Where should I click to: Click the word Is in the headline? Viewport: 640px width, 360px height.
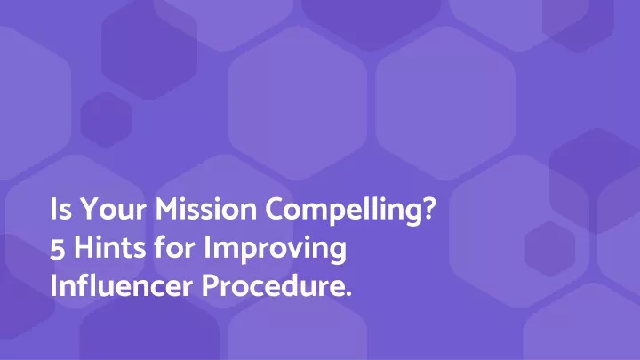[57, 209]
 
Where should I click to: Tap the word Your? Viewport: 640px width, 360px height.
[113, 209]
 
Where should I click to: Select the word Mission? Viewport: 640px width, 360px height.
[205, 209]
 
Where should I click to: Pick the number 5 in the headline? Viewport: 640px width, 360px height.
[58, 249]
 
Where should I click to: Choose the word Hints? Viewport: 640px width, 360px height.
[110, 247]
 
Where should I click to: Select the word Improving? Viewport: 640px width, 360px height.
[275, 250]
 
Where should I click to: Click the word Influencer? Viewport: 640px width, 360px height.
[121, 285]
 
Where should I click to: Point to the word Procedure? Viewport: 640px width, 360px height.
[274, 285]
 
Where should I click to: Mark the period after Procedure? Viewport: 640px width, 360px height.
[348, 294]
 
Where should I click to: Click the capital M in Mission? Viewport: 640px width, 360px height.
[167, 210]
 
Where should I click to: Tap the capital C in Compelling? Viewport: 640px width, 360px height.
[275, 210]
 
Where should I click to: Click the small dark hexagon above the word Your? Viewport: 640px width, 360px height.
[106, 120]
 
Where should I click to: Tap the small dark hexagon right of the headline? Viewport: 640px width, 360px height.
[550, 249]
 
